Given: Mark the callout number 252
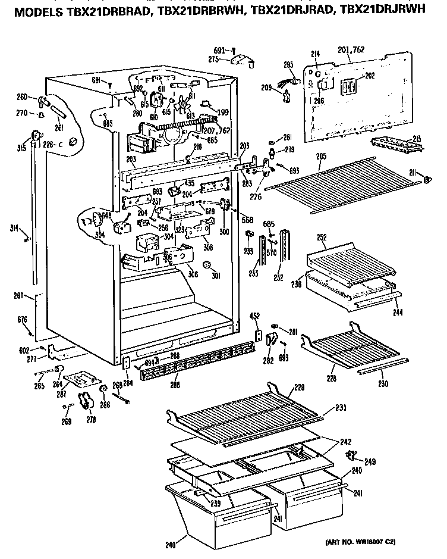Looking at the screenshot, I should [322, 237].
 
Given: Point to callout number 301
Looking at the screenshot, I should [215, 276].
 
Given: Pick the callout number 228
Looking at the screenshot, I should [331, 378].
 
